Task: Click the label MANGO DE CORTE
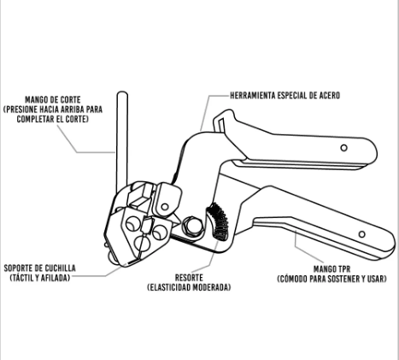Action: [53, 100]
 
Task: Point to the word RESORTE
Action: [189, 278]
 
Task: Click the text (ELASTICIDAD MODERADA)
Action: [189, 287]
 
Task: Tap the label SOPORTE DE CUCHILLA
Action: [39, 269]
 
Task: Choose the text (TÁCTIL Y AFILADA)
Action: [40, 278]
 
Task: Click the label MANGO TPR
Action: [332, 269]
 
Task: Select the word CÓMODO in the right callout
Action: [292, 279]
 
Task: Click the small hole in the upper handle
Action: [344, 148]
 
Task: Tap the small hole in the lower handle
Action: [361, 234]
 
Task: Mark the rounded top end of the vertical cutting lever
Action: [122, 93]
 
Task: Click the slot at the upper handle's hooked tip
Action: [222, 123]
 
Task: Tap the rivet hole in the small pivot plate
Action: [165, 206]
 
